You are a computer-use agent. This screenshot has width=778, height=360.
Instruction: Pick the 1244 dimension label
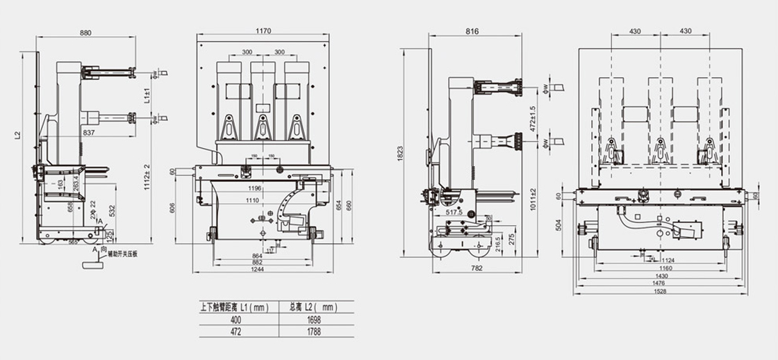coord(257,270)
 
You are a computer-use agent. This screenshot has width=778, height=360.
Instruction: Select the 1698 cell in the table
coord(314,319)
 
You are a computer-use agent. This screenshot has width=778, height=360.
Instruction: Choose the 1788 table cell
coord(314,332)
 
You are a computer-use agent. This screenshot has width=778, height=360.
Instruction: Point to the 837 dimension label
coord(88,132)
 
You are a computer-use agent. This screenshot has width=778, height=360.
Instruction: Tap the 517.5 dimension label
coord(454,211)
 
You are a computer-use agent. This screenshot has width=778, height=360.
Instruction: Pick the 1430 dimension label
coord(661,276)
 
